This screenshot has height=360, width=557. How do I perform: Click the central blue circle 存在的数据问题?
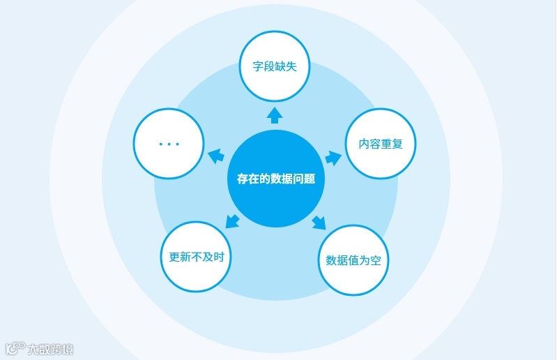pyautogui.click(x=275, y=179)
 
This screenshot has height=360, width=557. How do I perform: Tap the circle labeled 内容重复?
pyautogui.click(x=381, y=144)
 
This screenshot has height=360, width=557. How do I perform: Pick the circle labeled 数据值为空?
pyautogui.click(x=353, y=260)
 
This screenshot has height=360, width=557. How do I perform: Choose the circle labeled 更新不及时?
pyautogui.click(x=196, y=256)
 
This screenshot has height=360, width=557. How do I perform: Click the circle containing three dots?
pyautogui.click(x=168, y=143)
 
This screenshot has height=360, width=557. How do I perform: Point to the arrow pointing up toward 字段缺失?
pyautogui.click(x=275, y=114)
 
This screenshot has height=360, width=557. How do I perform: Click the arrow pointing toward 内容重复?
pyautogui.click(x=333, y=158)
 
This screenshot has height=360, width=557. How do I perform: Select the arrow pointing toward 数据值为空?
pyautogui.click(x=318, y=222)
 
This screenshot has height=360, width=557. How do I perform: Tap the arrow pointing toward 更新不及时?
pyautogui.click(x=233, y=222)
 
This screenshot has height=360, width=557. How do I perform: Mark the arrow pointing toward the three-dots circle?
pyautogui.click(x=216, y=157)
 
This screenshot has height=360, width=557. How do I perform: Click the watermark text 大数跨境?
pyautogui.click(x=50, y=349)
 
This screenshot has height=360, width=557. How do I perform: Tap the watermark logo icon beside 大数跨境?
pyautogui.click(x=15, y=348)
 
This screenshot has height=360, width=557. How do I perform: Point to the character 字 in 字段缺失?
pyautogui.click(x=258, y=68)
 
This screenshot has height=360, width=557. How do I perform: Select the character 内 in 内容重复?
pyautogui.click(x=364, y=144)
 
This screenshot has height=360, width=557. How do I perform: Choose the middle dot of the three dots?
pyautogui.click(x=169, y=144)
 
